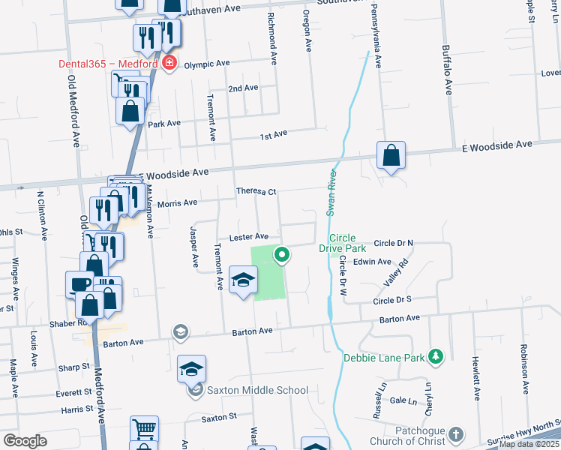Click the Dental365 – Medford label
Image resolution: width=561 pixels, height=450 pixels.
[x=108, y=63]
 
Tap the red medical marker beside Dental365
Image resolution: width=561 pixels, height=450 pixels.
[x=169, y=62]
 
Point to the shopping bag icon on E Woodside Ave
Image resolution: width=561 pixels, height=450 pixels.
[x=391, y=156]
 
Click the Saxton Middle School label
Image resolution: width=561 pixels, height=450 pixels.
[x=257, y=390]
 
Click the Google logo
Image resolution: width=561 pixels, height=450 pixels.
[x=25, y=440]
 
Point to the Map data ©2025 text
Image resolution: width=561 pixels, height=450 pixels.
[x=529, y=444]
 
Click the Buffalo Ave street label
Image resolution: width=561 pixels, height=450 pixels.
[x=447, y=69]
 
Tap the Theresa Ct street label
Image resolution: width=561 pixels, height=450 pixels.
[x=256, y=192]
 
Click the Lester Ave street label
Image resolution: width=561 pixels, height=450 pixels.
[x=248, y=237]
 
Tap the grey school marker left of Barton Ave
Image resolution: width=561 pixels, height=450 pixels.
[x=180, y=331]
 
